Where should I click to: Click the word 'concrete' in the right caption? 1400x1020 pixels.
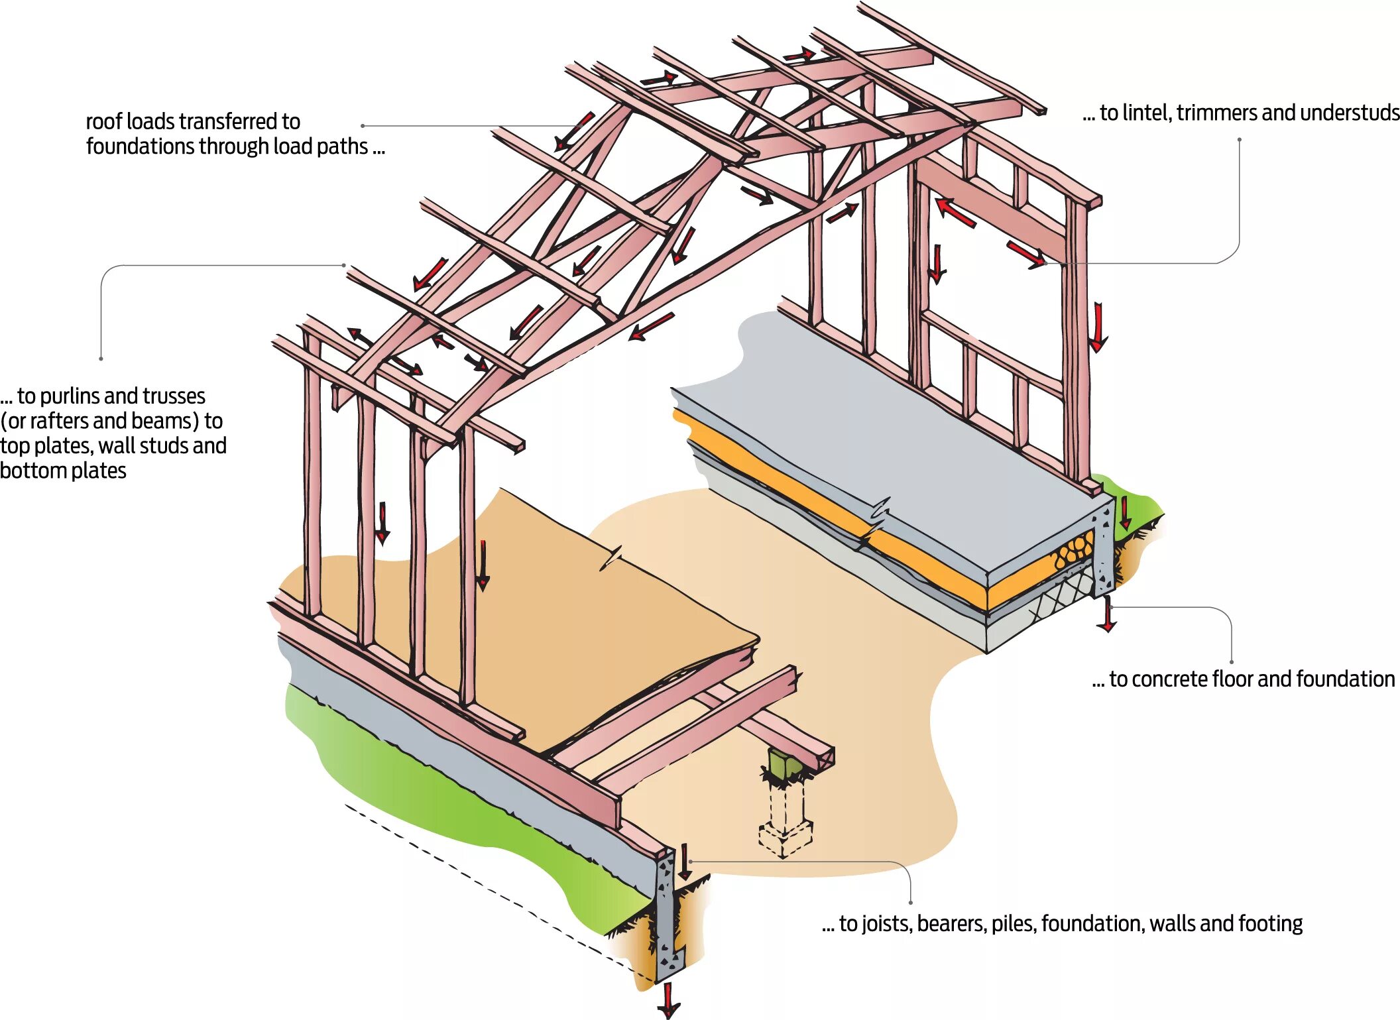point(1169,679)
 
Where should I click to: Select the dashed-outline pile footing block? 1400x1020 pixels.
point(786,838)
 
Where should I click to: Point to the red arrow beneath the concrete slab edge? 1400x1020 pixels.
point(1106,615)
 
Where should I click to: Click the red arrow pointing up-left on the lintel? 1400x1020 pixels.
point(955,211)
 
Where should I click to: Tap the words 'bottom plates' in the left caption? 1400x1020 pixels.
point(63,471)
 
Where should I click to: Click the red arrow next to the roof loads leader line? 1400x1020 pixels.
point(573,131)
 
